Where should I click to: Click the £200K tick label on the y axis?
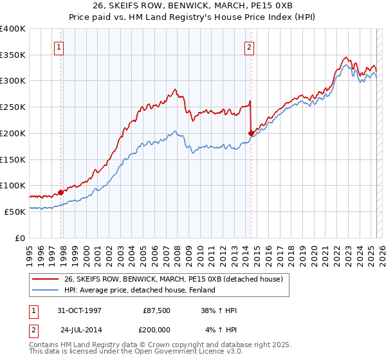[12, 133]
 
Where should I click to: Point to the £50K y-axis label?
[15, 211]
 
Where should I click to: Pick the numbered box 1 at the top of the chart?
[59, 47]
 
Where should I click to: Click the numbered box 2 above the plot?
[248, 47]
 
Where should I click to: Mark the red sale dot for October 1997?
[61, 192]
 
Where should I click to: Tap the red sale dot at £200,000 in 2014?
[251, 133]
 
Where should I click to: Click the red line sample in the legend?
[46, 279]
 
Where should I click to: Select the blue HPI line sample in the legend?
[46, 290]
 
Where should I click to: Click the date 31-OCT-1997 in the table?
[79, 310]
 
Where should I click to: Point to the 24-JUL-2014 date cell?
[80, 330]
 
